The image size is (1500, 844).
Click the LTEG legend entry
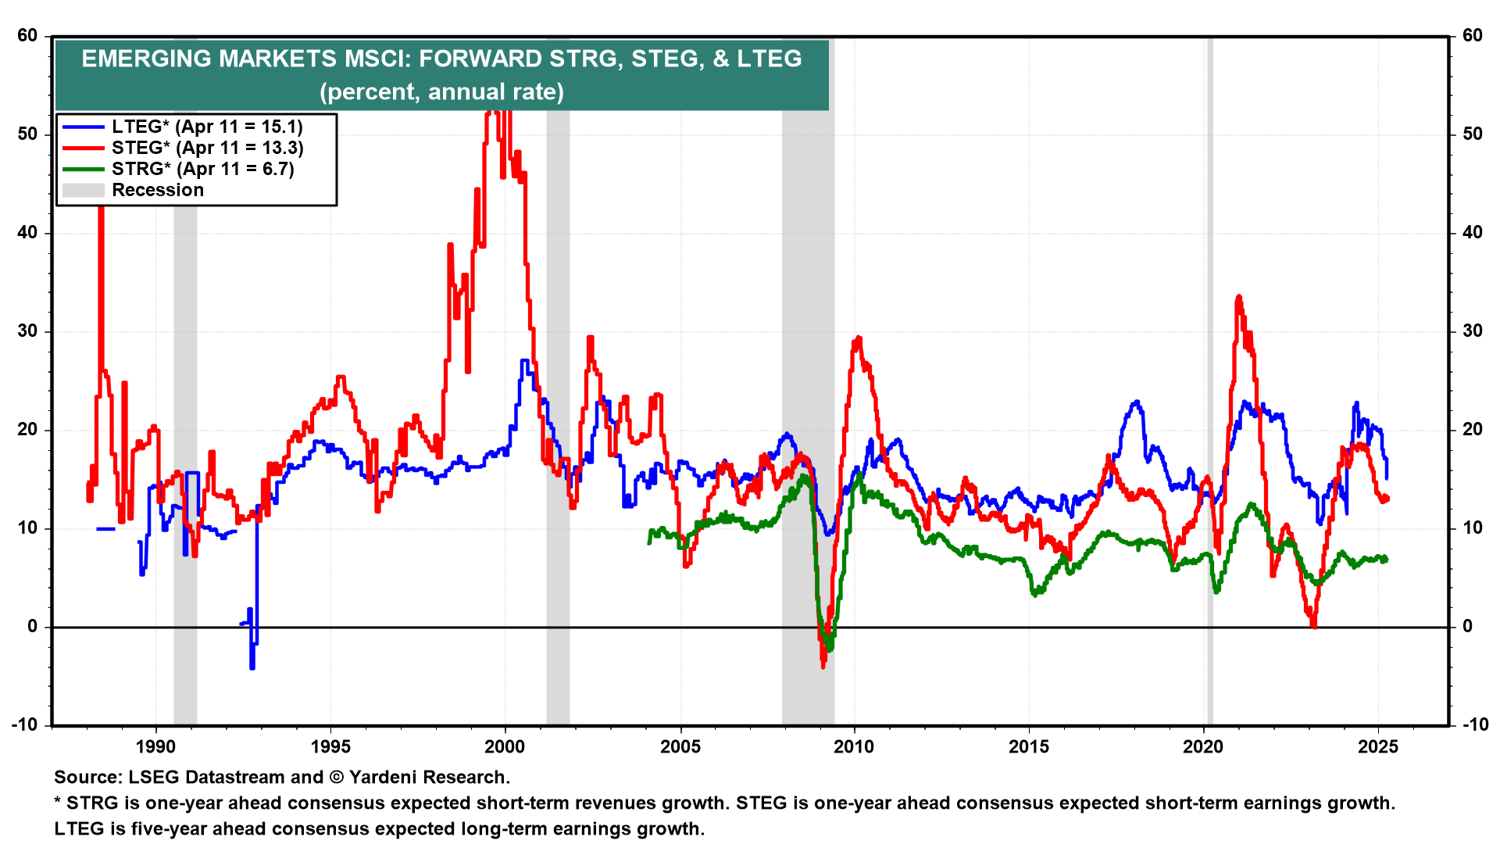206,127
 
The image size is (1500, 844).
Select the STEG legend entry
207,148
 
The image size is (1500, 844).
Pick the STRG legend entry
202,169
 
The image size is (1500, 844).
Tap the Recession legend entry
157,190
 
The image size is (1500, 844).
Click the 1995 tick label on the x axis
330,746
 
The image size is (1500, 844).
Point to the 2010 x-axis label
854,746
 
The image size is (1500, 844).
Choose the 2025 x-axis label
1378,746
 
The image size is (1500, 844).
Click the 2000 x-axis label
505,746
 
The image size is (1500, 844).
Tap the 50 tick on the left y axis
28,134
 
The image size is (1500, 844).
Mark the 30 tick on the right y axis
1472,331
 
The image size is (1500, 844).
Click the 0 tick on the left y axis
33,627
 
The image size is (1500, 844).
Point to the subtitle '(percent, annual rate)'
441,91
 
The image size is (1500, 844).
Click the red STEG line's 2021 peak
1238,298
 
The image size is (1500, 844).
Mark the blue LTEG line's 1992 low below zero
252,667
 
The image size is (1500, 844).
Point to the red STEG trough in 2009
823,665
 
